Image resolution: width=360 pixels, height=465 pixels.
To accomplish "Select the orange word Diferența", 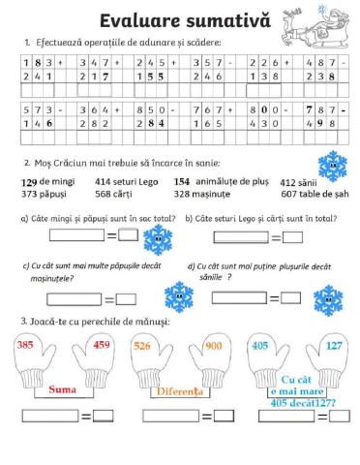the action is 179,392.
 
